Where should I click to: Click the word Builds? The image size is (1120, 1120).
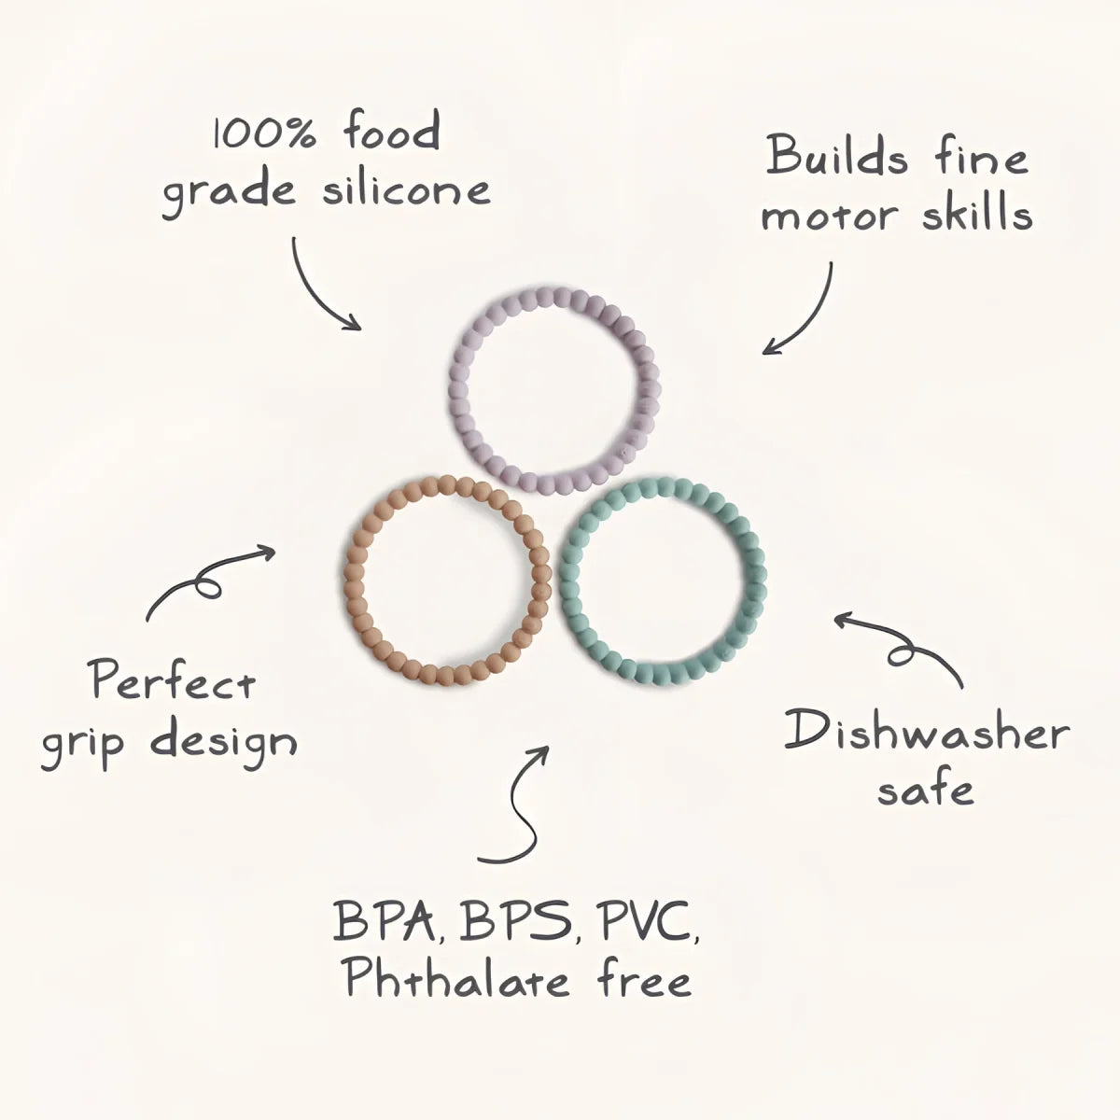pos(837,157)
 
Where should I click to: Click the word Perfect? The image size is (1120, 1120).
pos(174,680)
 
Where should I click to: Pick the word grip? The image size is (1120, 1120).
pos(82,745)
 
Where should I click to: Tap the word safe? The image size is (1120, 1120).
pos(925,790)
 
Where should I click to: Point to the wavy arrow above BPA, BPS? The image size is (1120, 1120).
pos(526,814)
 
